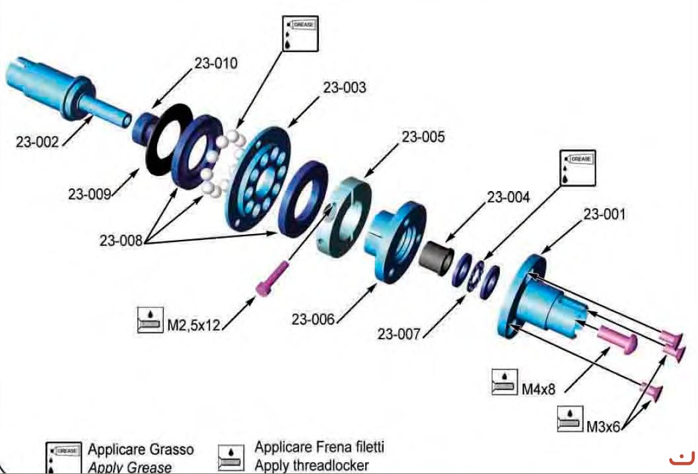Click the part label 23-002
pyautogui.click(x=37, y=141)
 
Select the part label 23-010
pyautogui.click(x=215, y=64)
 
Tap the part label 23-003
pyautogui.click(x=344, y=87)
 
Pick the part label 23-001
pyautogui.click(x=604, y=214)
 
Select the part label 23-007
pyautogui.click(x=400, y=334)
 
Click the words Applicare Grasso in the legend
pyautogui.click(x=141, y=450)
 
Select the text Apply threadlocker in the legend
pyautogui.click(x=312, y=465)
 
